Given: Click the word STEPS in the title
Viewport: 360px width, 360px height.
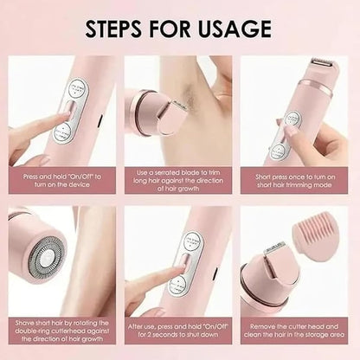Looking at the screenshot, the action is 113,29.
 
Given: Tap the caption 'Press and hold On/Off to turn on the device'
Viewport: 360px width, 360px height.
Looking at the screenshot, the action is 62,180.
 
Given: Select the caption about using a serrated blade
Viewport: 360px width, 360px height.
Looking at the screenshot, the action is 178,180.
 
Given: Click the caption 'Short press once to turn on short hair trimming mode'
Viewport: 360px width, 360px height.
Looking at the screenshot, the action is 294,180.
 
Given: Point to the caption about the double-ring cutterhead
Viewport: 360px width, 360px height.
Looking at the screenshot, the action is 62,331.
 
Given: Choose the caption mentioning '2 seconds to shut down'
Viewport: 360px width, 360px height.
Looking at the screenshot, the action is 178,331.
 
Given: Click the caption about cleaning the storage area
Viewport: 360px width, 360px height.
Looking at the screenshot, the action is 294,331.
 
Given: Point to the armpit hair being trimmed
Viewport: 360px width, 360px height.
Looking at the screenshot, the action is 190,93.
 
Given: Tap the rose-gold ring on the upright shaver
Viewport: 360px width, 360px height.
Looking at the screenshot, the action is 315,88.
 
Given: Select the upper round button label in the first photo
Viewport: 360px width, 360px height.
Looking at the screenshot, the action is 78,89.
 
